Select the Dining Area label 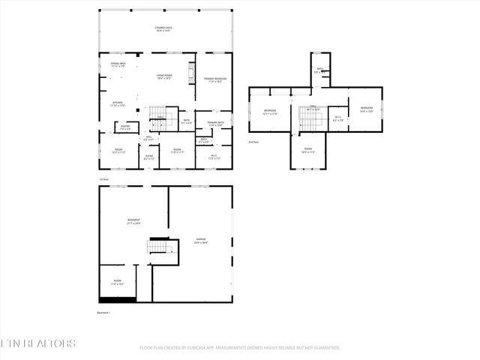(x=118, y=65)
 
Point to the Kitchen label (x=118, y=103)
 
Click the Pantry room (x=125, y=128)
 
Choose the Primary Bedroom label (x=216, y=79)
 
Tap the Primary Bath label (x=216, y=123)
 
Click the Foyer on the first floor (x=148, y=157)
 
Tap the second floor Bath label (x=319, y=70)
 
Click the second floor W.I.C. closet (x=337, y=118)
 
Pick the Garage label (x=201, y=241)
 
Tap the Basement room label (x=133, y=221)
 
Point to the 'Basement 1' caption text (x=103, y=312)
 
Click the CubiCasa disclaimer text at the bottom (x=239, y=348)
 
